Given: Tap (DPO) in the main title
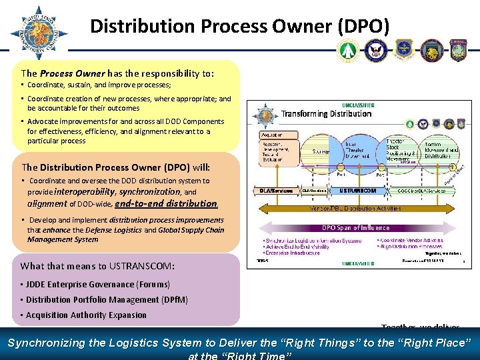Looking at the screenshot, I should [363, 26].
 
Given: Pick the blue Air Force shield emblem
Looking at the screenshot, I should [404, 50].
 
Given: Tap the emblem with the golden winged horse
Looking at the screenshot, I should [432, 50].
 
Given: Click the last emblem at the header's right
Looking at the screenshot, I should [461, 50].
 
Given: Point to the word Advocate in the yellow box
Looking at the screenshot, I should [44, 121].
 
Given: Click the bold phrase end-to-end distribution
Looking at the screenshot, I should [166, 203].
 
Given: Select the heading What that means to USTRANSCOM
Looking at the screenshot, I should [98, 266].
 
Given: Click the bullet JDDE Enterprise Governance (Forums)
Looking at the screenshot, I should [99, 285].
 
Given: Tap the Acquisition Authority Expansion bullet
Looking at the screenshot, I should [87, 315].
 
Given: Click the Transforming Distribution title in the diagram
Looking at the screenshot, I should [326, 113].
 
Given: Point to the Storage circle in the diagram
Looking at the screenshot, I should [321, 151].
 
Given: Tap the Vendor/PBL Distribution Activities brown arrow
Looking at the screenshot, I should [357, 208].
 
